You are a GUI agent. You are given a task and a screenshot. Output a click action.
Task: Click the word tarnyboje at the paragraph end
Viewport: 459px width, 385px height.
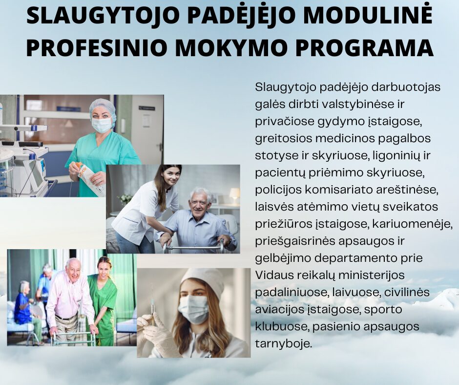point(283,343)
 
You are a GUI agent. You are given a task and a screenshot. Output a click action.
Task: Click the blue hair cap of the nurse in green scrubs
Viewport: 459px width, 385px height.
point(103,107)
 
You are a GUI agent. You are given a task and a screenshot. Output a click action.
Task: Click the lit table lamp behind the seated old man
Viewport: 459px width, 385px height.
point(235,193)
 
